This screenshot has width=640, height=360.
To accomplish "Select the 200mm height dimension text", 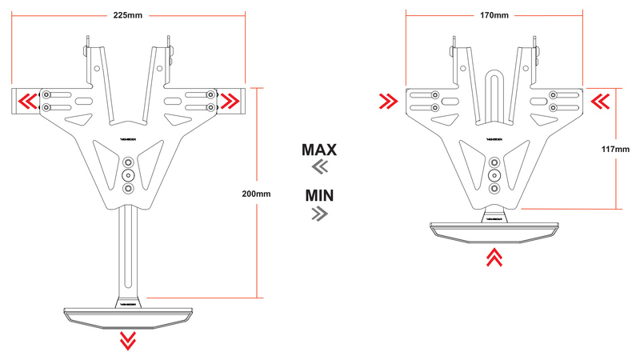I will tap(255, 194).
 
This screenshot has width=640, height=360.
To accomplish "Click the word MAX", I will tap(319, 150).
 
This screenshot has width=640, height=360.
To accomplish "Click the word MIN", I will tap(319, 195).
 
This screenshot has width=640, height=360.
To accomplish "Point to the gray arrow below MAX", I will tap(319, 166).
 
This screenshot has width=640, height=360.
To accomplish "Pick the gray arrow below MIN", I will tap(319, 213).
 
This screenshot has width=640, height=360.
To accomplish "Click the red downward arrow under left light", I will tap(127, 340).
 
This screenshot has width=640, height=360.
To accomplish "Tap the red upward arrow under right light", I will tap(494, 257).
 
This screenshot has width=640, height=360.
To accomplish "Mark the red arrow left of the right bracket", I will tap(390, 101).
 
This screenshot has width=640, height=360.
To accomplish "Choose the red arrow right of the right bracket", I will tap(601, 101).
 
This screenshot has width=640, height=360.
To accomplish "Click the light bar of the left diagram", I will tap(127, 313).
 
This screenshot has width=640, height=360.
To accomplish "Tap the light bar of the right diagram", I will tap(494, 229).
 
